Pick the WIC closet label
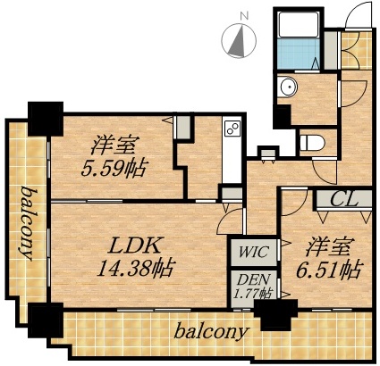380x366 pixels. tap(246, 251)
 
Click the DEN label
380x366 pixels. tap(246, 279)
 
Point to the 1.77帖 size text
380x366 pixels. tap(249, 293)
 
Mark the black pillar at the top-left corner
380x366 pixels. tap(44, 116)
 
